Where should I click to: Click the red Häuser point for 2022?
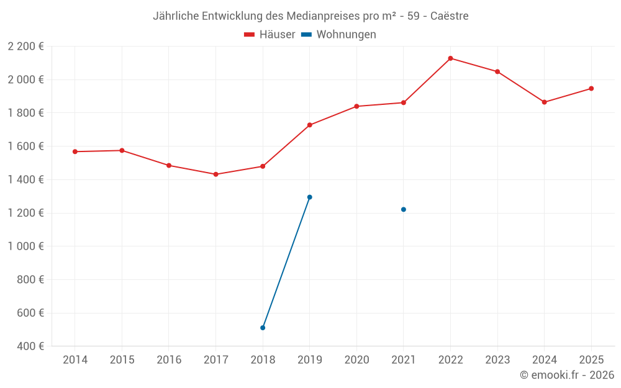click(x=450, y=58)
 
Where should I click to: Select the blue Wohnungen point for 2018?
click(x=263, y=328)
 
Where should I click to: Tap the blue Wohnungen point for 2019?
click(x=310, y=197)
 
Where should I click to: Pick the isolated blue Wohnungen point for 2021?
click(x=404, y=210)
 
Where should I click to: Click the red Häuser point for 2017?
click(x=215, y=174)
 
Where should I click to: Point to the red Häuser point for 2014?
click(x=75, y=151)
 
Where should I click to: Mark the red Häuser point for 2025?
click(x=591, y=89)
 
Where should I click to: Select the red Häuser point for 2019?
click(x=310, y=125)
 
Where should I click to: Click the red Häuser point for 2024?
click(x=545, y=102)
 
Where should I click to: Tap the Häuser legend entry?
click(x=270, y=35)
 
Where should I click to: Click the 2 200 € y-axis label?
click(x=25, y=47)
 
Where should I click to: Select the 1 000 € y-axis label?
click(x=25, y=246)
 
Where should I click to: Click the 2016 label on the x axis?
click(x=169, y=360)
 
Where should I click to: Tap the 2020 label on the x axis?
click(x=356, y=360)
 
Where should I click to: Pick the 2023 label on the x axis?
click(x=497, y=360)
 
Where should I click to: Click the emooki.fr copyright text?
click(x=567, y=375)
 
